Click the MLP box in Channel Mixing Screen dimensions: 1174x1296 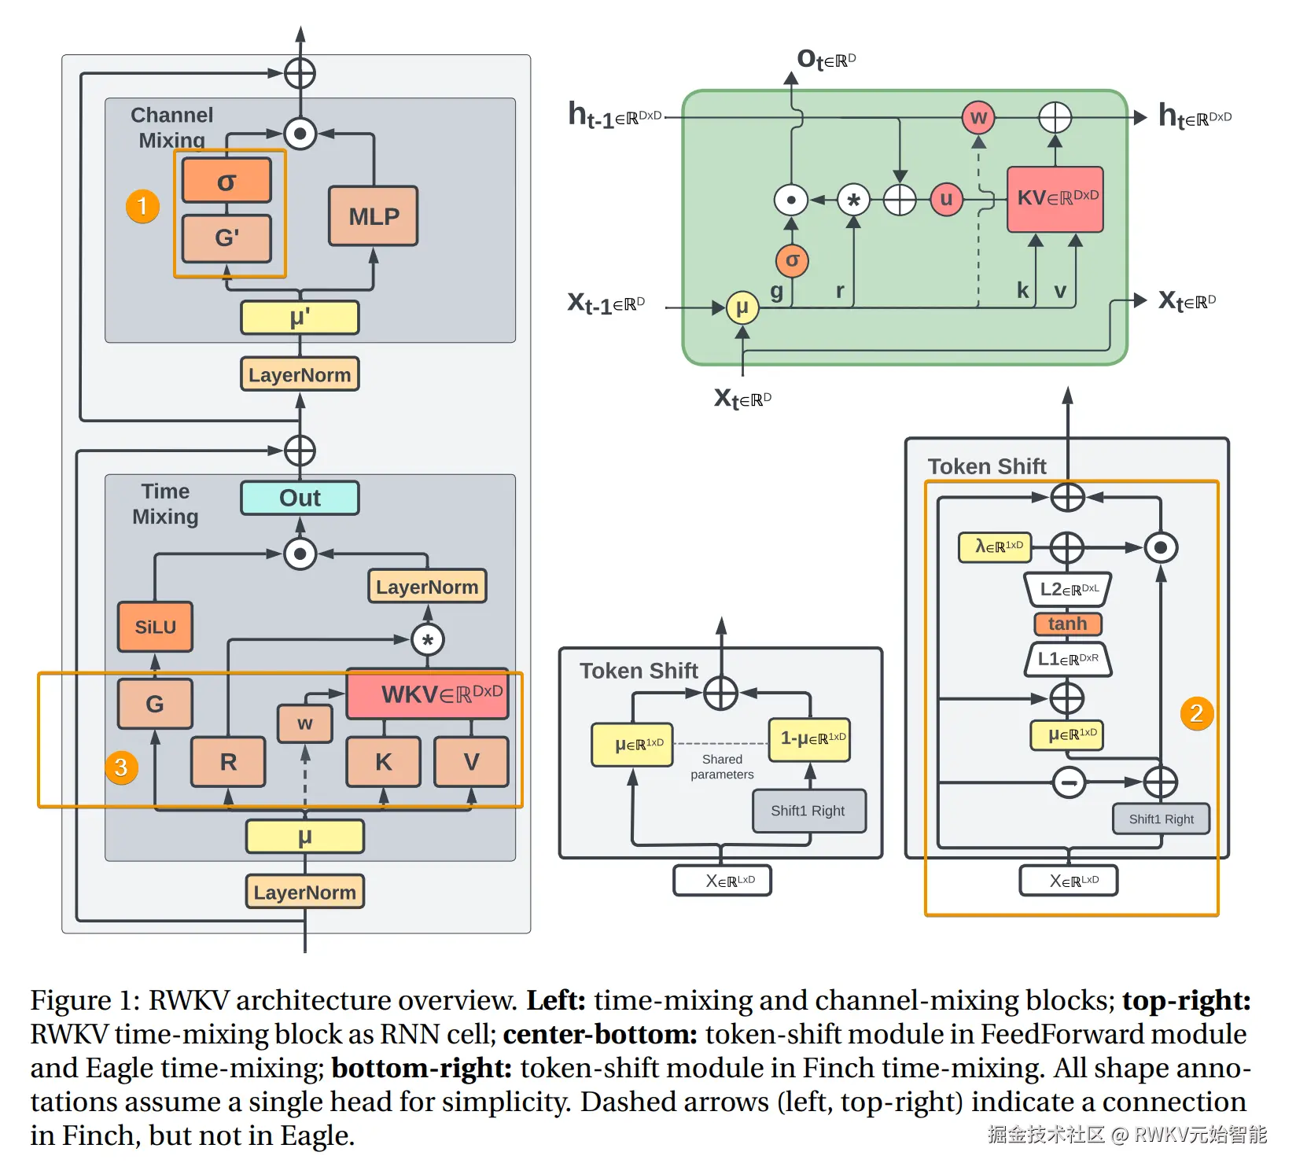374,216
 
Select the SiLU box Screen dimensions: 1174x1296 155,627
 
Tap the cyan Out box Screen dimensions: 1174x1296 300,498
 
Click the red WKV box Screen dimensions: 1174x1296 428,694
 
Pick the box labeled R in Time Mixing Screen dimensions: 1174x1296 228,761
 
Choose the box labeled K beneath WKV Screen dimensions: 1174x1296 383,761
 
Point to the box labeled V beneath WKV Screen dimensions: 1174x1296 471,761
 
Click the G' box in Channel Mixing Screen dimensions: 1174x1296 226,237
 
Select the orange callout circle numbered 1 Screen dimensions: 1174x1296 142,206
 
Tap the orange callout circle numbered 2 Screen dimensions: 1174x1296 1196,713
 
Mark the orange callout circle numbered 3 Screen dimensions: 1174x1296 121,767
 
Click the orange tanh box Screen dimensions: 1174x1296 1067,624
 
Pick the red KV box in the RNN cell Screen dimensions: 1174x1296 1055,199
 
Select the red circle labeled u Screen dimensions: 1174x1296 946,199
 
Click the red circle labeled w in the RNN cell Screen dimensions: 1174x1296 978,118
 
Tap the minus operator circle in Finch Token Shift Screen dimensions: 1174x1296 1069,782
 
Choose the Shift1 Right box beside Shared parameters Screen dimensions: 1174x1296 808,811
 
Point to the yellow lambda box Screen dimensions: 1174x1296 995,547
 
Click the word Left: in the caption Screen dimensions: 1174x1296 556,1000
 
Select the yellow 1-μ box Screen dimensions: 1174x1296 809,739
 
